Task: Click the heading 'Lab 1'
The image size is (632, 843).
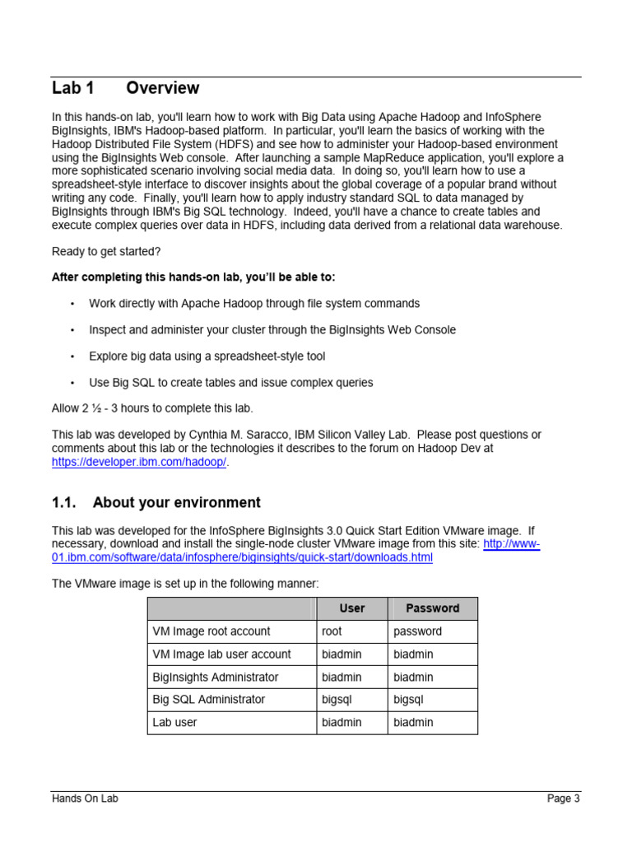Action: [x=73, y=88]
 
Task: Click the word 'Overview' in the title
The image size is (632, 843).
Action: [x=162, y=88]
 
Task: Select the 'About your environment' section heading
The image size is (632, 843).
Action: [x=176, y=502]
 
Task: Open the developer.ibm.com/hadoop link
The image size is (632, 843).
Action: [x=138, y=462]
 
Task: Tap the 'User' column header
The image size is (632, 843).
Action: [x=351, y=608]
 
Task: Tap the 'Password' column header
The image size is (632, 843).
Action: [x=432, y=608]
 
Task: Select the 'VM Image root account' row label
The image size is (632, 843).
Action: [x=211, y=631]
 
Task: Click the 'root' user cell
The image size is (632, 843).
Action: [x=332, y=631]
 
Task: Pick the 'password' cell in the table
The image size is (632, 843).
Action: [x=417, y=631]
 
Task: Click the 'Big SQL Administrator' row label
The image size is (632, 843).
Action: [x=209, y=699]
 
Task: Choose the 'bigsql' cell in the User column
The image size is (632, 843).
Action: [x=337, y=699]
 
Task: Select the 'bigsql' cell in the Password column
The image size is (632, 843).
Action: [x=408, y=699]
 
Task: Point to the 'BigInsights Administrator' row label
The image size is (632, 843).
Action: [x=216, y=677]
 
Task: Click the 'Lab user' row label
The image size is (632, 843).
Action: [x=175, y=722]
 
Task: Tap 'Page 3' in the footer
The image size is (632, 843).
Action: [x=564, y=799]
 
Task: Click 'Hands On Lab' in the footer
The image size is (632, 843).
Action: [x=85, y=799]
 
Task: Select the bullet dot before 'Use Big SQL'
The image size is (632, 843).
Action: [x=72, y=383]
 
